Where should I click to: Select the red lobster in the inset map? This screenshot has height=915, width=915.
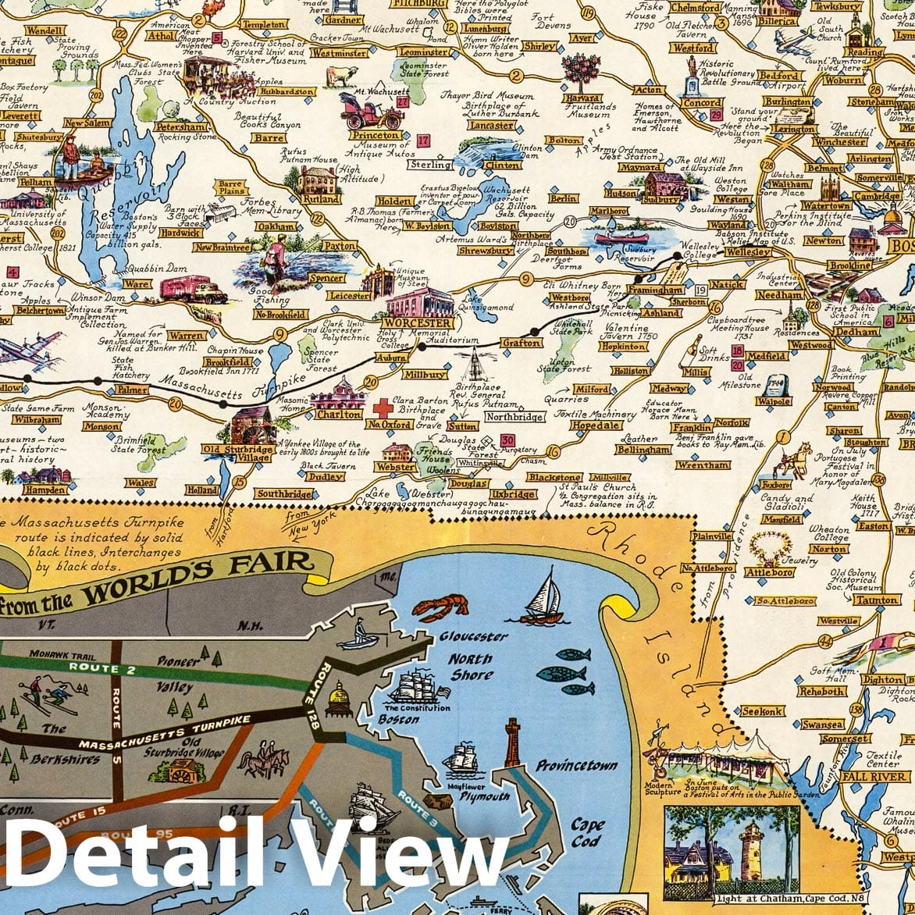coord(441,607)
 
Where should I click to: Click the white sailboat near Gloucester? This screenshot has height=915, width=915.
coord(545,596)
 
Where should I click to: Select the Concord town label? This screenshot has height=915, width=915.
coord(702,102)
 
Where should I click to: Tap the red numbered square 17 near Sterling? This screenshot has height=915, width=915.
coord(423,141)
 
